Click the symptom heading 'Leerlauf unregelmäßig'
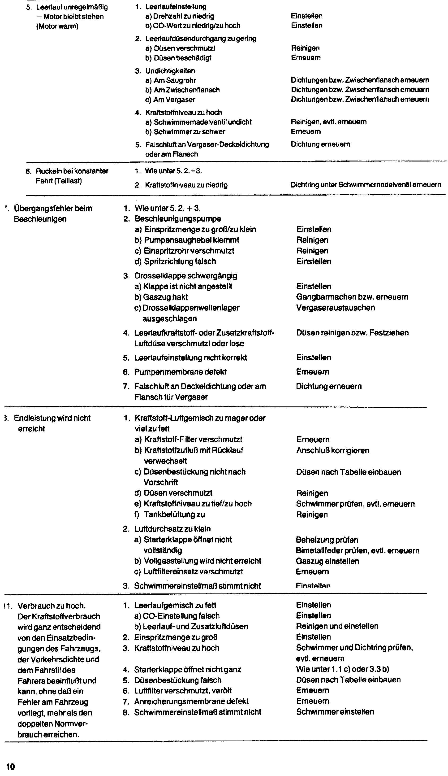[x=72, y=7]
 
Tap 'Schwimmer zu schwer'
[x=189, y=132]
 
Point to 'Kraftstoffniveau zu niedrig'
[x=186, y=185]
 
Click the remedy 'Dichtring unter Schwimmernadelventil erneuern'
[x=366, y=185]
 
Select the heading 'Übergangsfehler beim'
[x=53, y=208]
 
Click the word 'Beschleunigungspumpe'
[x=178, y=219]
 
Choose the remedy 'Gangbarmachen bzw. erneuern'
[x=352, y=297]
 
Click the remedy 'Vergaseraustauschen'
[x=335, y=308]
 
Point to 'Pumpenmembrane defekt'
[x=180, y=372]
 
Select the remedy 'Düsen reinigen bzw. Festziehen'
[x=352, y=333]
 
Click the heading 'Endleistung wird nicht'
[x=52, y=418]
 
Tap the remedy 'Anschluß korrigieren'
[x=333, y=451]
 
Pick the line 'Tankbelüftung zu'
[x=174, y=514]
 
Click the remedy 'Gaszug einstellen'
[x=327, y=561]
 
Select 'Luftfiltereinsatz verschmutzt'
[x=193, y=572]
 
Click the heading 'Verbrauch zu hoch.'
[x=51, y=606]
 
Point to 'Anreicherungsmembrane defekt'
[x=191, y=701]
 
